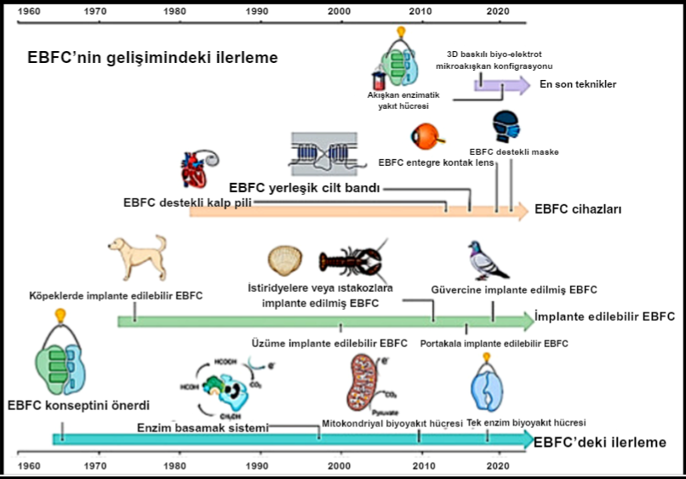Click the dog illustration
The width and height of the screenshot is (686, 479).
137,257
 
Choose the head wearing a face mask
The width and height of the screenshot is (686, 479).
506,127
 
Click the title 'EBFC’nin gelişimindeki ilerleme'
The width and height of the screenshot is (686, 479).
153,58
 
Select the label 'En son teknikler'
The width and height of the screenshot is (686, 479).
578,84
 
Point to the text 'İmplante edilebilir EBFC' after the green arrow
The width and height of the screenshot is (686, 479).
604,316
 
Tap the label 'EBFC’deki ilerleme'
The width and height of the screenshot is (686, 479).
599,442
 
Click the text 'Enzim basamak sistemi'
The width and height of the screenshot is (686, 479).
203,427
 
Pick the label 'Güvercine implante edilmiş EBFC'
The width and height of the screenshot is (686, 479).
514,289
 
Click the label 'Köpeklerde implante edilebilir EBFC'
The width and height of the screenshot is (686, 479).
116,295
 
